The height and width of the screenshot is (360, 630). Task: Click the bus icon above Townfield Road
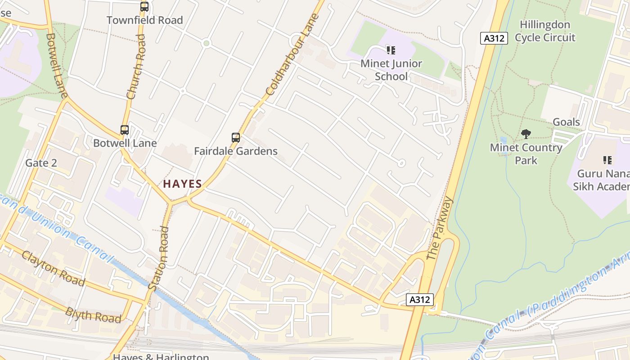point(144,7)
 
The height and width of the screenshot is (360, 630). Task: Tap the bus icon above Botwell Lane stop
point(125,130)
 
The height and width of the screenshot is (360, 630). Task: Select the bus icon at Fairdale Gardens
point(235,138)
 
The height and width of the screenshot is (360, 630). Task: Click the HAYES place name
point(182,184)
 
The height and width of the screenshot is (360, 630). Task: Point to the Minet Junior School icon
point(391,50)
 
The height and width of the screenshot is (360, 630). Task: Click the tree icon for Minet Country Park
point(526,134)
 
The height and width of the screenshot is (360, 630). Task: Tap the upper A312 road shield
point(494,38)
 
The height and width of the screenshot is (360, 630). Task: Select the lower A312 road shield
point(419,300)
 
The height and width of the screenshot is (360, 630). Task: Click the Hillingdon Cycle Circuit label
point(545,31)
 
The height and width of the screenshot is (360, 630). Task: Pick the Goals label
point(566,122)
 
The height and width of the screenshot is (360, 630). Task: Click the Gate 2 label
point(41,163)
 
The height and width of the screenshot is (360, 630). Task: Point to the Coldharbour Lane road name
point(292,54)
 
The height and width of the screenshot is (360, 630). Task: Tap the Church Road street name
point(136,67)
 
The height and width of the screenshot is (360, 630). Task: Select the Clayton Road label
point(53,269)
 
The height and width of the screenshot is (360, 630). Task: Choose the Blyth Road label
point(93,315)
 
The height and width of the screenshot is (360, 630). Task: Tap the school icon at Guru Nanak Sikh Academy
point(607,160)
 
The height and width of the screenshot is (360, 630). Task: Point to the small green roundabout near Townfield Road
point(207,43)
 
